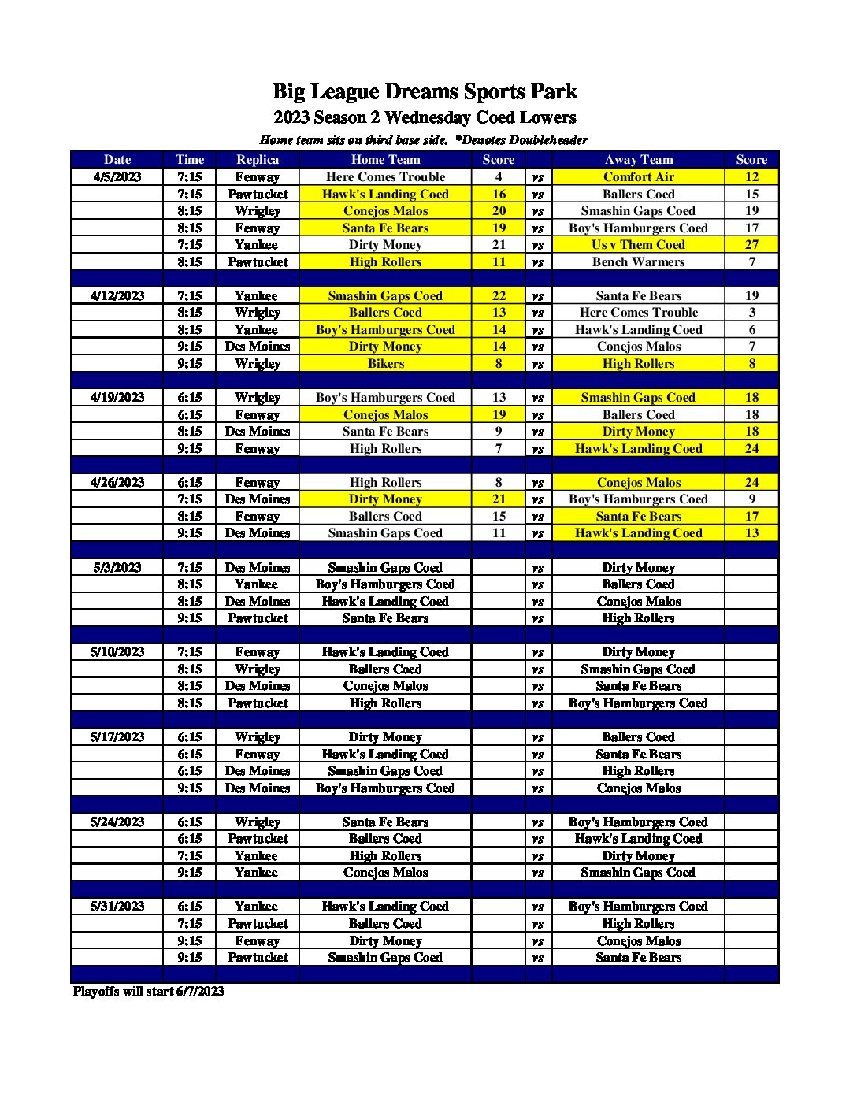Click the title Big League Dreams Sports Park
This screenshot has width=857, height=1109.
tap(425, 92)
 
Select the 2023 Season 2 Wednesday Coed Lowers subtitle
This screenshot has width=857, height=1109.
tap(425, 118)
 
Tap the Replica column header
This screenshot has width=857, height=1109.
tap(258, 159)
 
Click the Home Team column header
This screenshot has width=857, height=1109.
tap(385, 159)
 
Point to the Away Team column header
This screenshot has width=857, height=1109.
tap(638, 159)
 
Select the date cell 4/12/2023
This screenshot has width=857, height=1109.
tap(117, 296)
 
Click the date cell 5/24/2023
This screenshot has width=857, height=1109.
tap(117, 822)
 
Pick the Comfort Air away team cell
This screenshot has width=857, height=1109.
tap(638, 177)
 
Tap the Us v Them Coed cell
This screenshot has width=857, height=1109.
tap(638, 245)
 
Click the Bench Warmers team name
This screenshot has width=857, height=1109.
tap(638, 262)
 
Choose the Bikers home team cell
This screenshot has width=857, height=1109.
tap(385, 364)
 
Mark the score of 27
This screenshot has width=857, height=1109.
tap(751, 245)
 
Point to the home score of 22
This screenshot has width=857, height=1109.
tap(499, 296)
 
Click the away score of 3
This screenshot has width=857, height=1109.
tap(751, 313)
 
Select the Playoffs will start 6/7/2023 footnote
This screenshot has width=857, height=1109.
tap(148, 992)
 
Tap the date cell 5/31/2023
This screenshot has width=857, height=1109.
tap(117, 907)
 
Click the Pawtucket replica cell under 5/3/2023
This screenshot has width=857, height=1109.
tap(258, 618)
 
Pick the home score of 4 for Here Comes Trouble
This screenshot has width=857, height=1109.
tap(499, 177)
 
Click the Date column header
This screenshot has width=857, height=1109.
tap(117, 159)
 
